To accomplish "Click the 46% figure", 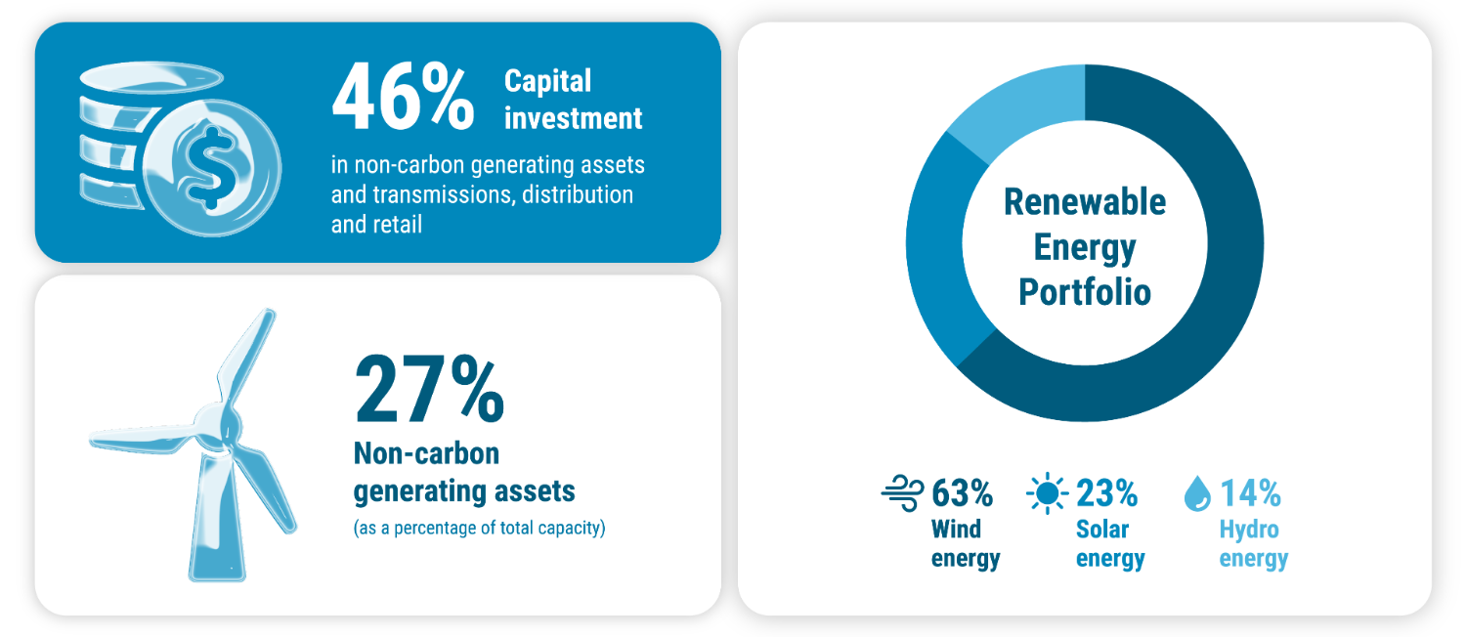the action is click(403, 97).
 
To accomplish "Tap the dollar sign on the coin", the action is click(211, 169).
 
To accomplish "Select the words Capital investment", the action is click(574, 100).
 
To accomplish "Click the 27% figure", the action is click(429, 389).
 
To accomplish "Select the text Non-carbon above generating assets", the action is click(426, 453).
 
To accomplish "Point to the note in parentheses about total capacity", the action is click(479, 528).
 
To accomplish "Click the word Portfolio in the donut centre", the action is click(1085, 292).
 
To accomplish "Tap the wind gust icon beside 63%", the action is click(902, 492).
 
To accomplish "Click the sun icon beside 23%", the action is click(1047, 492).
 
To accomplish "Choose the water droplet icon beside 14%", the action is click(1197, 493).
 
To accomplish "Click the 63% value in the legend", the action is click(962, 493).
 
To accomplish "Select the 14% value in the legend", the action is click(1250, 493).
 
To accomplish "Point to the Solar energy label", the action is click(1110, 544).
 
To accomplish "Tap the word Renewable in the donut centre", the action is click(1085, 201).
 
